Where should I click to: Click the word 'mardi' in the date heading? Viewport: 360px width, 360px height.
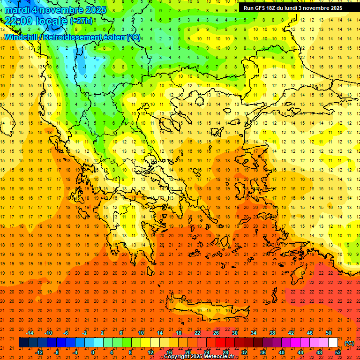pos(17,9)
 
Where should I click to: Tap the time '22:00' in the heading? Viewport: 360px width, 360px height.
pos(19,21)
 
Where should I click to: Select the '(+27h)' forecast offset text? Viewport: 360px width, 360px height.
pos(81,21)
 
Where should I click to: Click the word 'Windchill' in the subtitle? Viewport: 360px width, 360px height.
pos(20,37)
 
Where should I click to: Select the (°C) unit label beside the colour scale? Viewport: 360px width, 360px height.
pos(349,343)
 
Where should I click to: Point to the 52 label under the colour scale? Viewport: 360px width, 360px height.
pos(338,352)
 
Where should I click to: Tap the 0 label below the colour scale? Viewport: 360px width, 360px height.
pos(93,352)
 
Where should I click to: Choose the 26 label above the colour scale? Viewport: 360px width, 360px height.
pos(216,333)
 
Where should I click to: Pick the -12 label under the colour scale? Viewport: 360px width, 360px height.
pos(39,352)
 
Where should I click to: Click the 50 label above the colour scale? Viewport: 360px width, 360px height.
pos(329,333)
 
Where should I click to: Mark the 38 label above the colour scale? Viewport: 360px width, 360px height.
pos(272,333)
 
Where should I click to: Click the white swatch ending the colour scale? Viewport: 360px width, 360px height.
pos(333,343)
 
